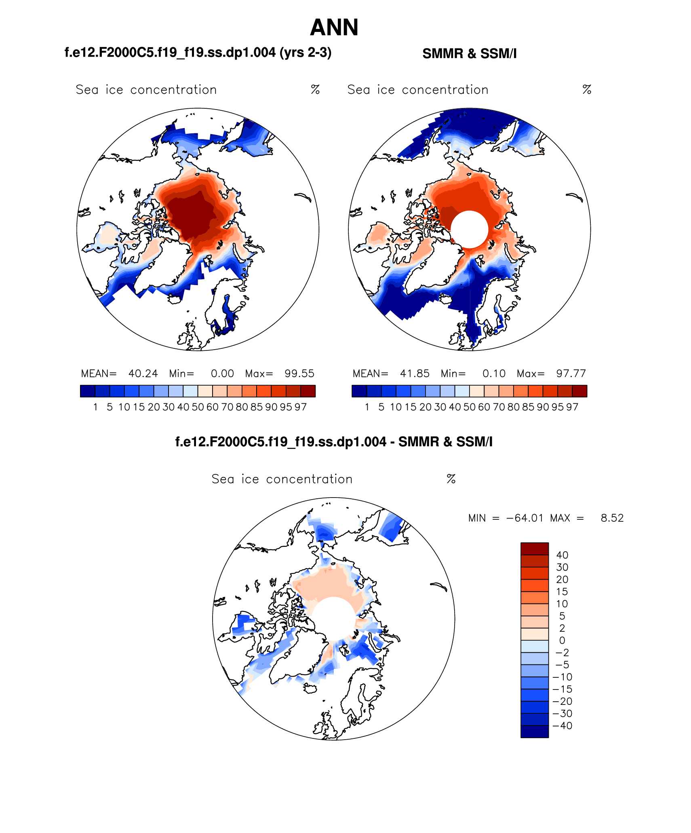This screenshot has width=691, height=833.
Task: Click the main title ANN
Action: click(334, 27)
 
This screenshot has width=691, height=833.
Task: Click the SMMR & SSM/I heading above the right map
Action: click(469, 53)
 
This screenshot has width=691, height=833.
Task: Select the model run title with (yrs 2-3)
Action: click(198, 53)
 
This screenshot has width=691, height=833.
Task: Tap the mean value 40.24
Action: click(143, 373)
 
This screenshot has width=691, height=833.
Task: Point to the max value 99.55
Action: click(299, 373)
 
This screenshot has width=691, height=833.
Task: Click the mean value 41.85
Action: click(415, 373)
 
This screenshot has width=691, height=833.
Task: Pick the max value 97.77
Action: click(571, 373)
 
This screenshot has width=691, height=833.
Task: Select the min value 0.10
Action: click(494, 373)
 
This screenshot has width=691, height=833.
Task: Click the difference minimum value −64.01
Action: click(525, 518)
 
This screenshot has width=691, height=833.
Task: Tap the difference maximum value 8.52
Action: click(612, 518)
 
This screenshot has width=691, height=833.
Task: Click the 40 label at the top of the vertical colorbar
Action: click(562, 555)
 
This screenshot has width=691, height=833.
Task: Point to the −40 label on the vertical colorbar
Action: click(562, 725)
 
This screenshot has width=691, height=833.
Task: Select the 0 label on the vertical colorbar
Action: click(562, 640)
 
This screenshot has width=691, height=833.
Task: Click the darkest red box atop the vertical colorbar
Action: click(534, 549)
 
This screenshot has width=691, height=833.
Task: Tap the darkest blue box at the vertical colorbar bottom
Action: click(534, 732)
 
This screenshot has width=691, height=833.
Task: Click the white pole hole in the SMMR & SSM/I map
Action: click(469, 229)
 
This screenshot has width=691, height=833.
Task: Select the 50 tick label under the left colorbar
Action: click(198, 407)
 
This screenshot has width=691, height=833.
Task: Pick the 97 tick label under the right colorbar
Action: click(572, 407)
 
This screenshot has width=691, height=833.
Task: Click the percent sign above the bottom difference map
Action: click(451, 479)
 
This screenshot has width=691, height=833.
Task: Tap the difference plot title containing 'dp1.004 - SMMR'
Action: click(334, 442)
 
